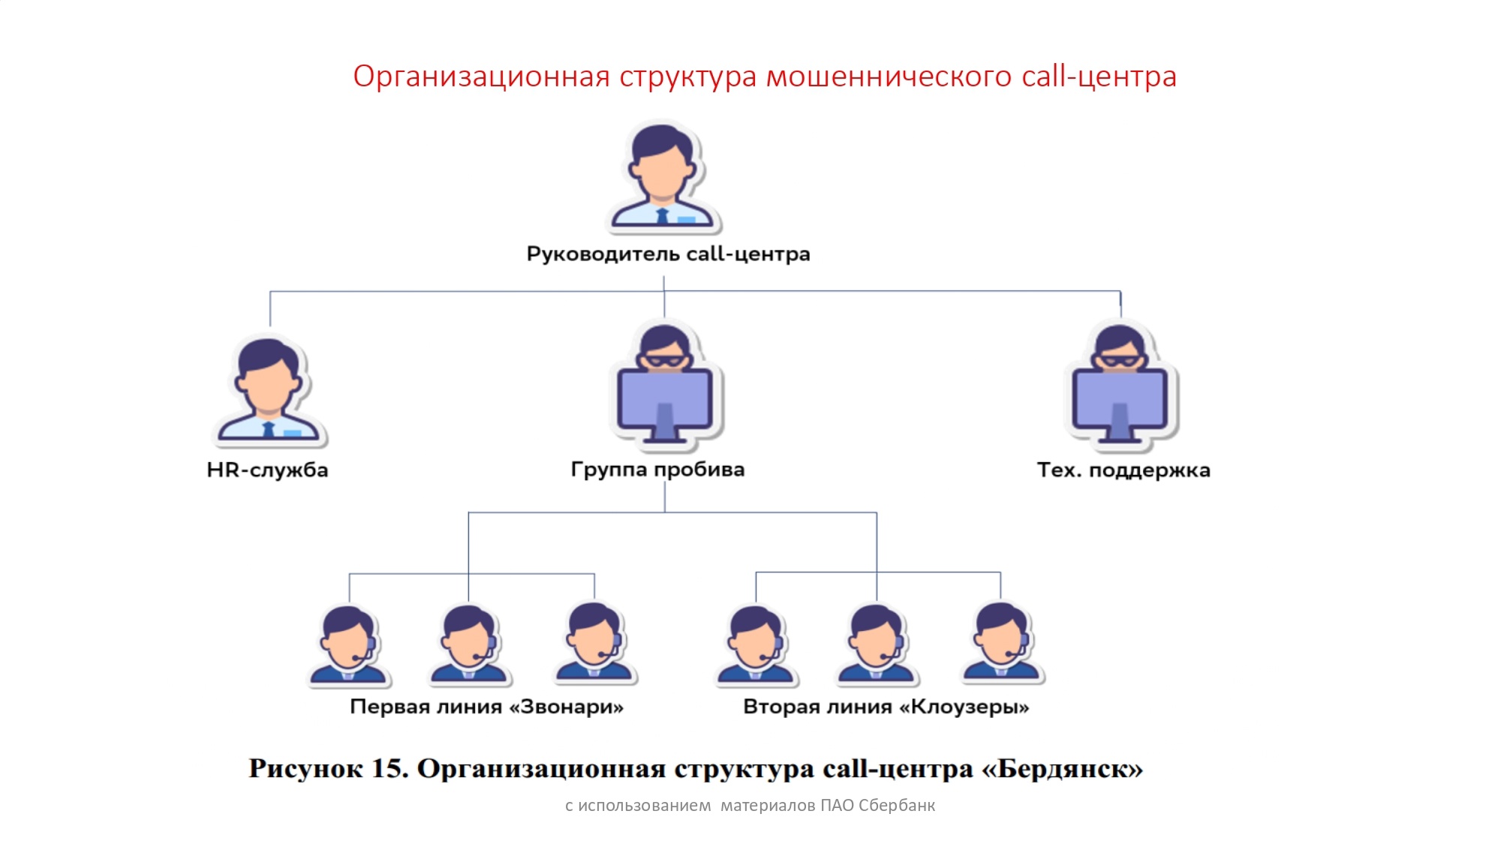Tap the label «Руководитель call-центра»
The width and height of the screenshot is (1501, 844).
coord(668,254)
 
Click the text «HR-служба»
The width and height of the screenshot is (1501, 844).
coord(267,470)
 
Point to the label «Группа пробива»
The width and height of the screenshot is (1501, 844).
coord(657,470)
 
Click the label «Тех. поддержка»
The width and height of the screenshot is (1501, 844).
coord(1123,470)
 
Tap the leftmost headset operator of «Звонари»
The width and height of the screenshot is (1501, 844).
coord(349,646)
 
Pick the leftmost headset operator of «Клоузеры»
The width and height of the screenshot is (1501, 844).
coord(757,645)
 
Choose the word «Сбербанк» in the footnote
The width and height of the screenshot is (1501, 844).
coord(897,806)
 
